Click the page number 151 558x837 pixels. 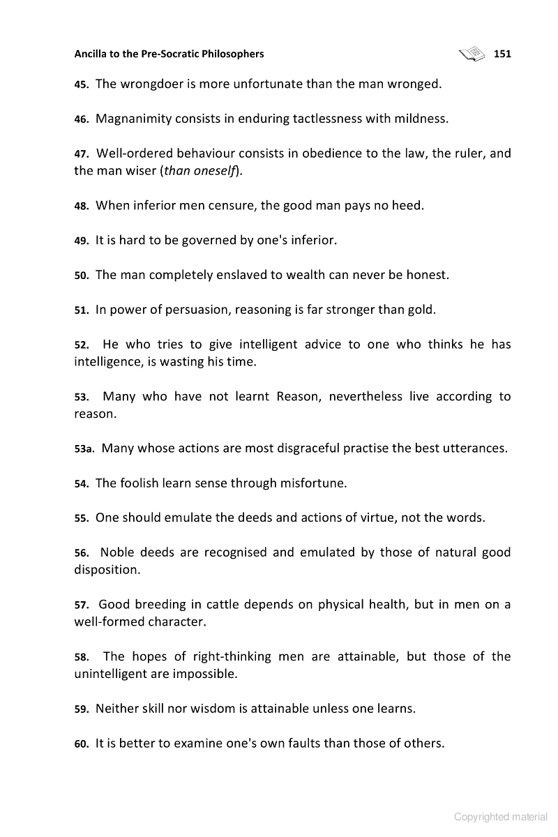[502, 54]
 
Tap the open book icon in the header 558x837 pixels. [472, 53]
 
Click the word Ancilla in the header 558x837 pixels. [94, 54]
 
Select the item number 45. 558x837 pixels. [81, 84]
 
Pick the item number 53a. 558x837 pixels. [84, 448]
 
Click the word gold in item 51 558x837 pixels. [421, 310]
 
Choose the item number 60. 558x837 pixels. [81, 744]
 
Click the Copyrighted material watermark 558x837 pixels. [501, 817]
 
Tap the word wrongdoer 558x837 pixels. [154, 84]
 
